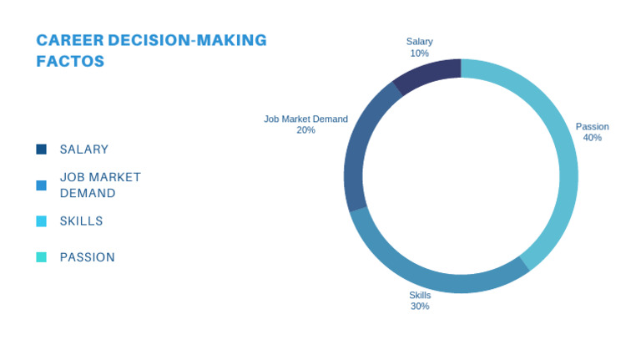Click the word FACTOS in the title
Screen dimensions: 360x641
click(x=70, y=61)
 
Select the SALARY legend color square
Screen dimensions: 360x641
click(x=42, y=150)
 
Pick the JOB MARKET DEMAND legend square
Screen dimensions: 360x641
click(x=42, y=185)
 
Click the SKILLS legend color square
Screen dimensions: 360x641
click(x=42, y=221)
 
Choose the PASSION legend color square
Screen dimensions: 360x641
click(x=42, y=257)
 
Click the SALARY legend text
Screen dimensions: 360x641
click(x=84, y=150)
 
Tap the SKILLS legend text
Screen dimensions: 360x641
click(x=82, y=221)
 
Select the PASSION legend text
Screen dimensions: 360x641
click(x=88, y=257)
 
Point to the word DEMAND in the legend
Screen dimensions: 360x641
click(x=88, y=194)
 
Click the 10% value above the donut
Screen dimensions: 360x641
click(x=419, y=53)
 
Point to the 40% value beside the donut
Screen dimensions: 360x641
click(x=592, y=138)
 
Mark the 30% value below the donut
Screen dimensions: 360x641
click(x=419, y=307)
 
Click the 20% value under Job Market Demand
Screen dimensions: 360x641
click(x=305, y=130)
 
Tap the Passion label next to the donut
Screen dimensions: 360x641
click(x=592, y=127)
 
